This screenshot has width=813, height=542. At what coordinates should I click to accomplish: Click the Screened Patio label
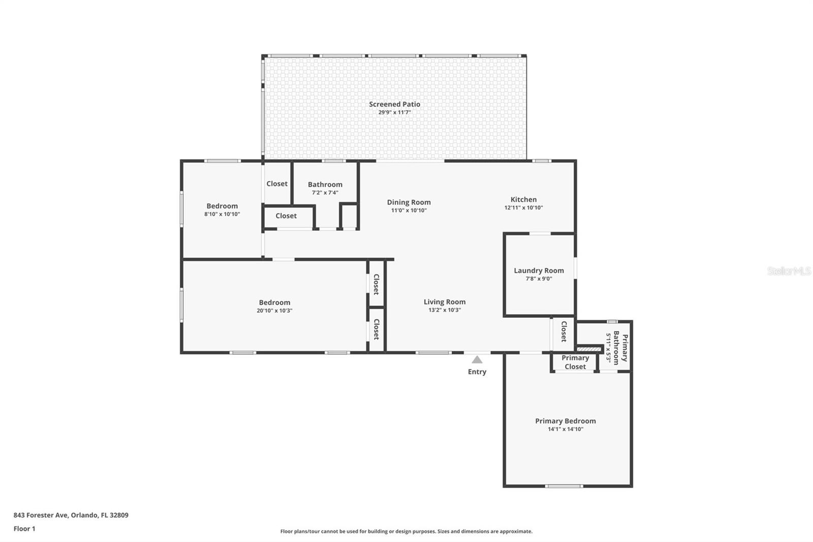point(394,104)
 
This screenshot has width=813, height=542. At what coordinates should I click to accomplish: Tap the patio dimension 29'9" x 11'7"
point(394,112)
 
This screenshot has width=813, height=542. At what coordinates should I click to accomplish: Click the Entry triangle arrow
point(477,359)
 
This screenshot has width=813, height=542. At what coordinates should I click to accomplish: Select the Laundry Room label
point(539,270)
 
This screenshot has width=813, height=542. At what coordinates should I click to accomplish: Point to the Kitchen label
point(523,199)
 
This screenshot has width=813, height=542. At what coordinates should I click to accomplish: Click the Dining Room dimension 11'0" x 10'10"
point(409,210)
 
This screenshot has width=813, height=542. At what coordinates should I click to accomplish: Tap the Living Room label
point(445,302)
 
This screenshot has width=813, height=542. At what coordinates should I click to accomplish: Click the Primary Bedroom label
point(565,420)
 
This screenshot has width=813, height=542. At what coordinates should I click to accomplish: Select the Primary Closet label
point(575,362)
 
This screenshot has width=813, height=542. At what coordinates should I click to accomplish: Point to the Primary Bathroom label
point(620,348)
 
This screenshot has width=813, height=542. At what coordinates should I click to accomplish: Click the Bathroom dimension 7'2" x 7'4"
point(325,193)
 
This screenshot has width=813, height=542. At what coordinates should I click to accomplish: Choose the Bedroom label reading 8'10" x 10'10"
point(222,206)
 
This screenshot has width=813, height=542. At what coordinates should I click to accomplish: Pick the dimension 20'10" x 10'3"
point(274,311)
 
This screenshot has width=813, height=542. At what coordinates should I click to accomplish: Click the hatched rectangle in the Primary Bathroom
point(589,349)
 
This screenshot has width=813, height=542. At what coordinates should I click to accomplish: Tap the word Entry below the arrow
point(477,372)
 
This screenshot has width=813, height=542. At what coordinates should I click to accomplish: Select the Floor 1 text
point(24,529)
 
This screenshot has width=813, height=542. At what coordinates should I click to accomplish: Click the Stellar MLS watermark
point(789,271)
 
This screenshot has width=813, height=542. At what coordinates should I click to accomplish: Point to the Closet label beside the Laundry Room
point(564,331)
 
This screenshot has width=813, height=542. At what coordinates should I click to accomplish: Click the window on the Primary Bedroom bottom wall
point(564,486)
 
